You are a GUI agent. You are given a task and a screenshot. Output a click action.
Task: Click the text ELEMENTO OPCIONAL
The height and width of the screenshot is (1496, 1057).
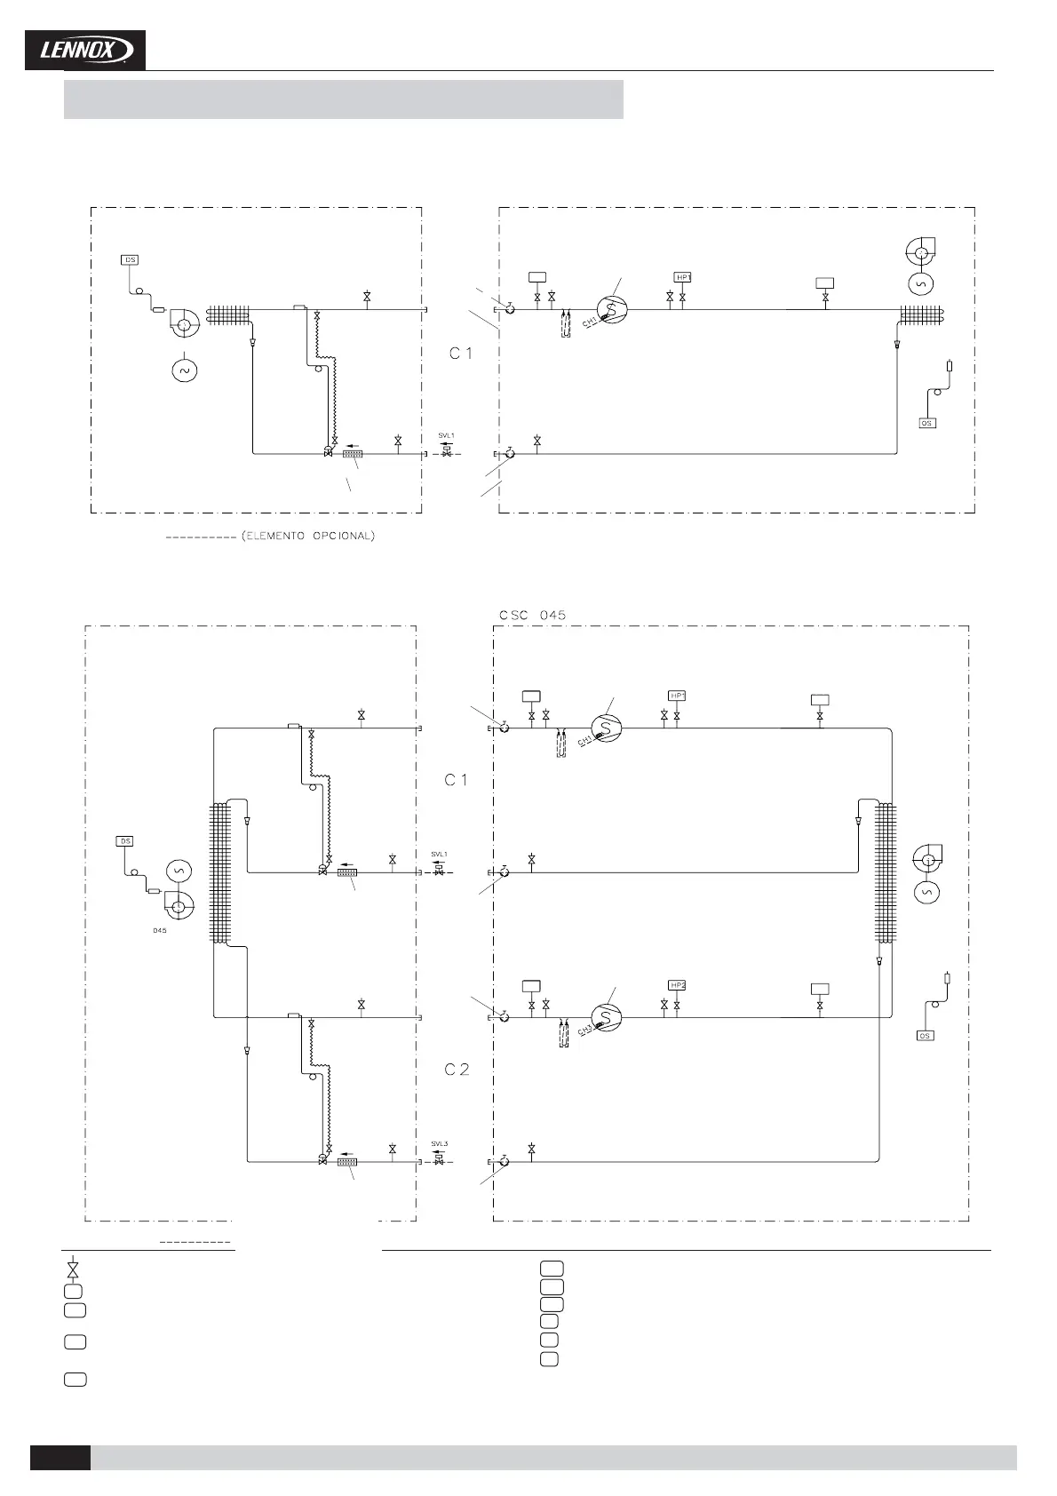point(308,537)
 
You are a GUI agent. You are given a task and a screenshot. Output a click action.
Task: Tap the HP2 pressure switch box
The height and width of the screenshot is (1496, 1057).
point(678,985)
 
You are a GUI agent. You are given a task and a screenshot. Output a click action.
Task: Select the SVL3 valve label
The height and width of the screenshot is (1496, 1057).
point(440,1143)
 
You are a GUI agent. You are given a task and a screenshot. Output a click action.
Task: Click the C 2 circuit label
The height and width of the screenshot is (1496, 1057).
point(457,1070)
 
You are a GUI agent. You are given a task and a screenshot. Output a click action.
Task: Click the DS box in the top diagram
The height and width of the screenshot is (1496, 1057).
point(131,260)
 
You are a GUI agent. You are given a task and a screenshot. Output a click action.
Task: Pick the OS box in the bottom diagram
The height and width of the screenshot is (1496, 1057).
point(926,1036)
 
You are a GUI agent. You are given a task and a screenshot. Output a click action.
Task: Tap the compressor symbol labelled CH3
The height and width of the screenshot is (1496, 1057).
point(607,1017)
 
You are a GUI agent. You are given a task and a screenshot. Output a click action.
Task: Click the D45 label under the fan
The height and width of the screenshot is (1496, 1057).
point(160,931)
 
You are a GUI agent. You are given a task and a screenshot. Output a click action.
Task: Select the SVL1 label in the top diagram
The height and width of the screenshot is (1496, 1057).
point(446,436)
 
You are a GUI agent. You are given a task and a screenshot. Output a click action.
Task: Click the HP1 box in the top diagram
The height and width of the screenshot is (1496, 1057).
point(682,277)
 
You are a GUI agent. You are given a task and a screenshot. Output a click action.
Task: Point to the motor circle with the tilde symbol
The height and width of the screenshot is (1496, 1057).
point(185,370)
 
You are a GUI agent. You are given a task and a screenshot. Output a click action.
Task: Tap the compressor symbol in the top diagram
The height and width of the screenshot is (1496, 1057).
point(611,309)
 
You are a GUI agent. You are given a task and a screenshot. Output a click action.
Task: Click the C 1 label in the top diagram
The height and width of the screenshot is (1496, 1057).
point(460,354)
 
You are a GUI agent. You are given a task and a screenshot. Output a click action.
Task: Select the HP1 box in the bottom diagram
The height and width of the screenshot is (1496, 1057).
point(678,696)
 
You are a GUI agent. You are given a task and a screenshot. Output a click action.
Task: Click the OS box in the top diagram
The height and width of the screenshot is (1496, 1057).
point(926,424)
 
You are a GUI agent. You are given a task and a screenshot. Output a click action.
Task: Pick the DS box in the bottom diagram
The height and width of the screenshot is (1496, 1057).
point(125,841)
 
